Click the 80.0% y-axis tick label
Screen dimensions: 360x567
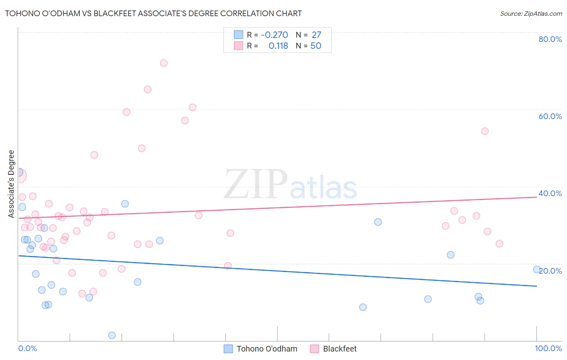point(550,39)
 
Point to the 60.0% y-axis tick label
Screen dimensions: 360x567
point(550,116)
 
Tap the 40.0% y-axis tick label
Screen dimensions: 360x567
point(550,193)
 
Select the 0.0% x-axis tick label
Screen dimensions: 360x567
point(27,348)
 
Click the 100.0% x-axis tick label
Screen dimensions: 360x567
point(548,348)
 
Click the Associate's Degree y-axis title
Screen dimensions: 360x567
point(11,184)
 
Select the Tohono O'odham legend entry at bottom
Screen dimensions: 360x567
point(267,349)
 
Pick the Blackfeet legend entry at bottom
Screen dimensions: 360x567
point(340,349)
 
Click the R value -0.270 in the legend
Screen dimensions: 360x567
point(274,35)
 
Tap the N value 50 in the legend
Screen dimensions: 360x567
point(316,46)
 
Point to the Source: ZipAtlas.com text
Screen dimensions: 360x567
point(531,14)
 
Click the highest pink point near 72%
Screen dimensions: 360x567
point(164,63)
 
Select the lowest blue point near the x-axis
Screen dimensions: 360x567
point(112,335)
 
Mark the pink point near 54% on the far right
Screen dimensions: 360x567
point(485,131)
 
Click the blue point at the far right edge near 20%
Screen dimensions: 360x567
point(537,269)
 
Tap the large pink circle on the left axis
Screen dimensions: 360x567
point(19,175)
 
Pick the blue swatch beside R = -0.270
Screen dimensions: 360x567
point(239,35)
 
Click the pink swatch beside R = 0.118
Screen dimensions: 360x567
point(239,46)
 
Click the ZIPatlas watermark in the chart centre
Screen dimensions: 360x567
point(290,184)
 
